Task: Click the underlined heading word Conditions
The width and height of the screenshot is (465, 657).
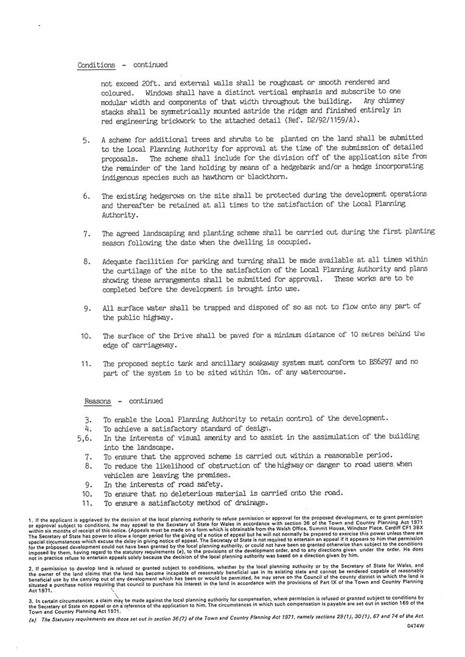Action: point(96,64)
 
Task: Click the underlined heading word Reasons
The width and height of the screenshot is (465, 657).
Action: point(98,401)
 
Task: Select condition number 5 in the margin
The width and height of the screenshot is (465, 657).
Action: point(86,140)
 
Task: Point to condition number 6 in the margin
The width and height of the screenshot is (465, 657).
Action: point(86,196)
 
